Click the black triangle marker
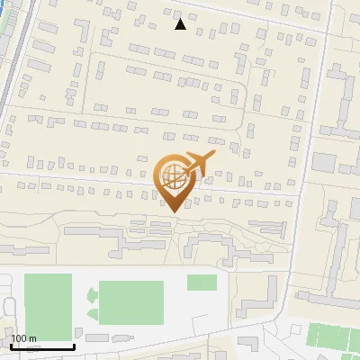pos(181,24)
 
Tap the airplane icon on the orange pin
pos(200,163)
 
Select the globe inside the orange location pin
pos(172,175)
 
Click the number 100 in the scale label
pos(19,339)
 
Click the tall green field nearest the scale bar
pos(48,307)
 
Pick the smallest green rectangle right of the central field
pos(202,282)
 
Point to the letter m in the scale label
pos(32,339)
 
